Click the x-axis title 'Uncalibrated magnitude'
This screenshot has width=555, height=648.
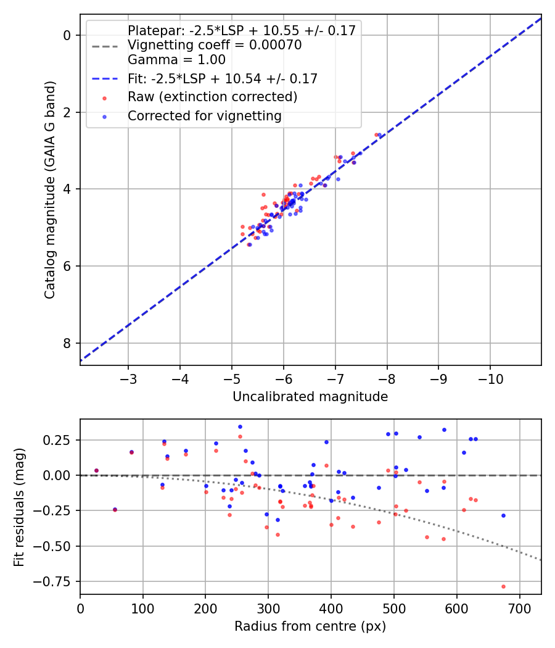click(x=310, y=397)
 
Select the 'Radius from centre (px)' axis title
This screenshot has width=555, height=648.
click(x=310, y=626)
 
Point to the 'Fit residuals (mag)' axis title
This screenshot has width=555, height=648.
click(x=20, y=506)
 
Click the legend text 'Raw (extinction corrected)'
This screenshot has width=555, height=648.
click(x=213, y=97)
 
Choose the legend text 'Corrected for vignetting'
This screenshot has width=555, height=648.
click(x=205, y=116)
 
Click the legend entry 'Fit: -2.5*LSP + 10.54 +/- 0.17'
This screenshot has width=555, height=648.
click(x=223, y=78)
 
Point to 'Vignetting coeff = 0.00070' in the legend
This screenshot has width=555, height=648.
click(x=215, y=45)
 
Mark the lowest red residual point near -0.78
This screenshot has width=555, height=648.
click(x=503, y=586)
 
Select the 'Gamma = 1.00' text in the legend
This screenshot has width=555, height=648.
click(x=176, y=60)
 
